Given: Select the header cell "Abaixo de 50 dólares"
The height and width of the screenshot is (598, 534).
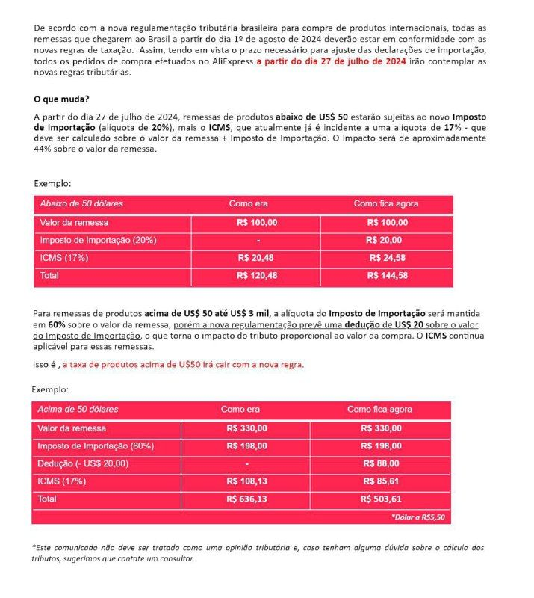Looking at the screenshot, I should pyautogui.click(x=82, y=203).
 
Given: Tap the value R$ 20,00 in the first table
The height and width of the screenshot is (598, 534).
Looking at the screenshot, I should pyautogui.click(x=384, y=240).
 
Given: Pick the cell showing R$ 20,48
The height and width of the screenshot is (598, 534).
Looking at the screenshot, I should pyautogui.click(x=257, y=257).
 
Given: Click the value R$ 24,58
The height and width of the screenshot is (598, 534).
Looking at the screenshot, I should pyautogui.click(x=387, y=257).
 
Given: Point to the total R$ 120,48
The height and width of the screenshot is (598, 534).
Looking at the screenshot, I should pyautogui.click(x=257, y=275).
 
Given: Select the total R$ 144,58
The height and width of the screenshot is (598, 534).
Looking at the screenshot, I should pyautogui.click(x=387, y=275).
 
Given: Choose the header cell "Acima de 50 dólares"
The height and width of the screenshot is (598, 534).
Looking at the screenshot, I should pyautogui.click(x=78, y=410).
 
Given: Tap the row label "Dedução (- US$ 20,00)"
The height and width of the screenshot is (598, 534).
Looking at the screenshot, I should pyautogui.click(x=83, y=463).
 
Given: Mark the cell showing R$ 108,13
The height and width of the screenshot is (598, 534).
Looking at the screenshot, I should pyautogui.click(x=246, y=481).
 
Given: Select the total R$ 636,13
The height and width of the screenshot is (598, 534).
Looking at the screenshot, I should pyautogui.click(x=246, y=499).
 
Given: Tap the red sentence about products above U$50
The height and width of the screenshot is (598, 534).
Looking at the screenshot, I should pyautogui.click(x=183, y=365).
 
